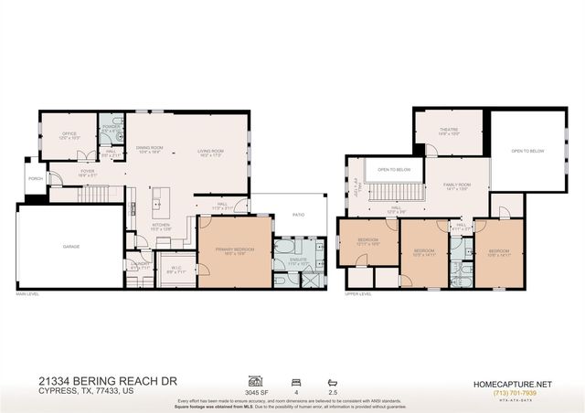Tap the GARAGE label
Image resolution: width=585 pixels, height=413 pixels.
point(70,247)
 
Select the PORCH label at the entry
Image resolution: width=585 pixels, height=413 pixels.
point(35,179)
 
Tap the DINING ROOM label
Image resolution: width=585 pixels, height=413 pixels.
point(149,149)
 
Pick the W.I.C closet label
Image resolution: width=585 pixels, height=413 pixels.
point(175,268)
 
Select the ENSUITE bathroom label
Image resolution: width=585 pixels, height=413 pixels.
point(297,259)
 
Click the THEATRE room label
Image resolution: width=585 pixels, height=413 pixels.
point(447,130)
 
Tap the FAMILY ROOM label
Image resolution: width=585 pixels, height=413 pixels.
point(456,185)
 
